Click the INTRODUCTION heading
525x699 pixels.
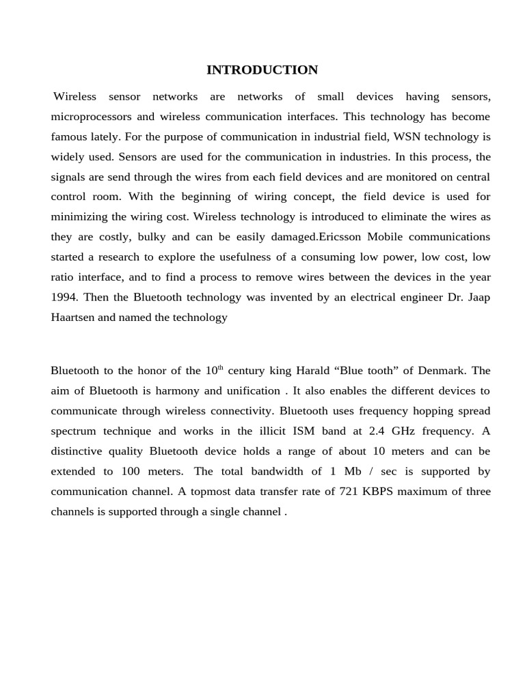tap(262, 70)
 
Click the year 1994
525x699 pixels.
tap(64, 297)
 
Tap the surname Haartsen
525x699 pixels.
tap(73, 317)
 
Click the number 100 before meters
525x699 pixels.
tap(133, 471)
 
